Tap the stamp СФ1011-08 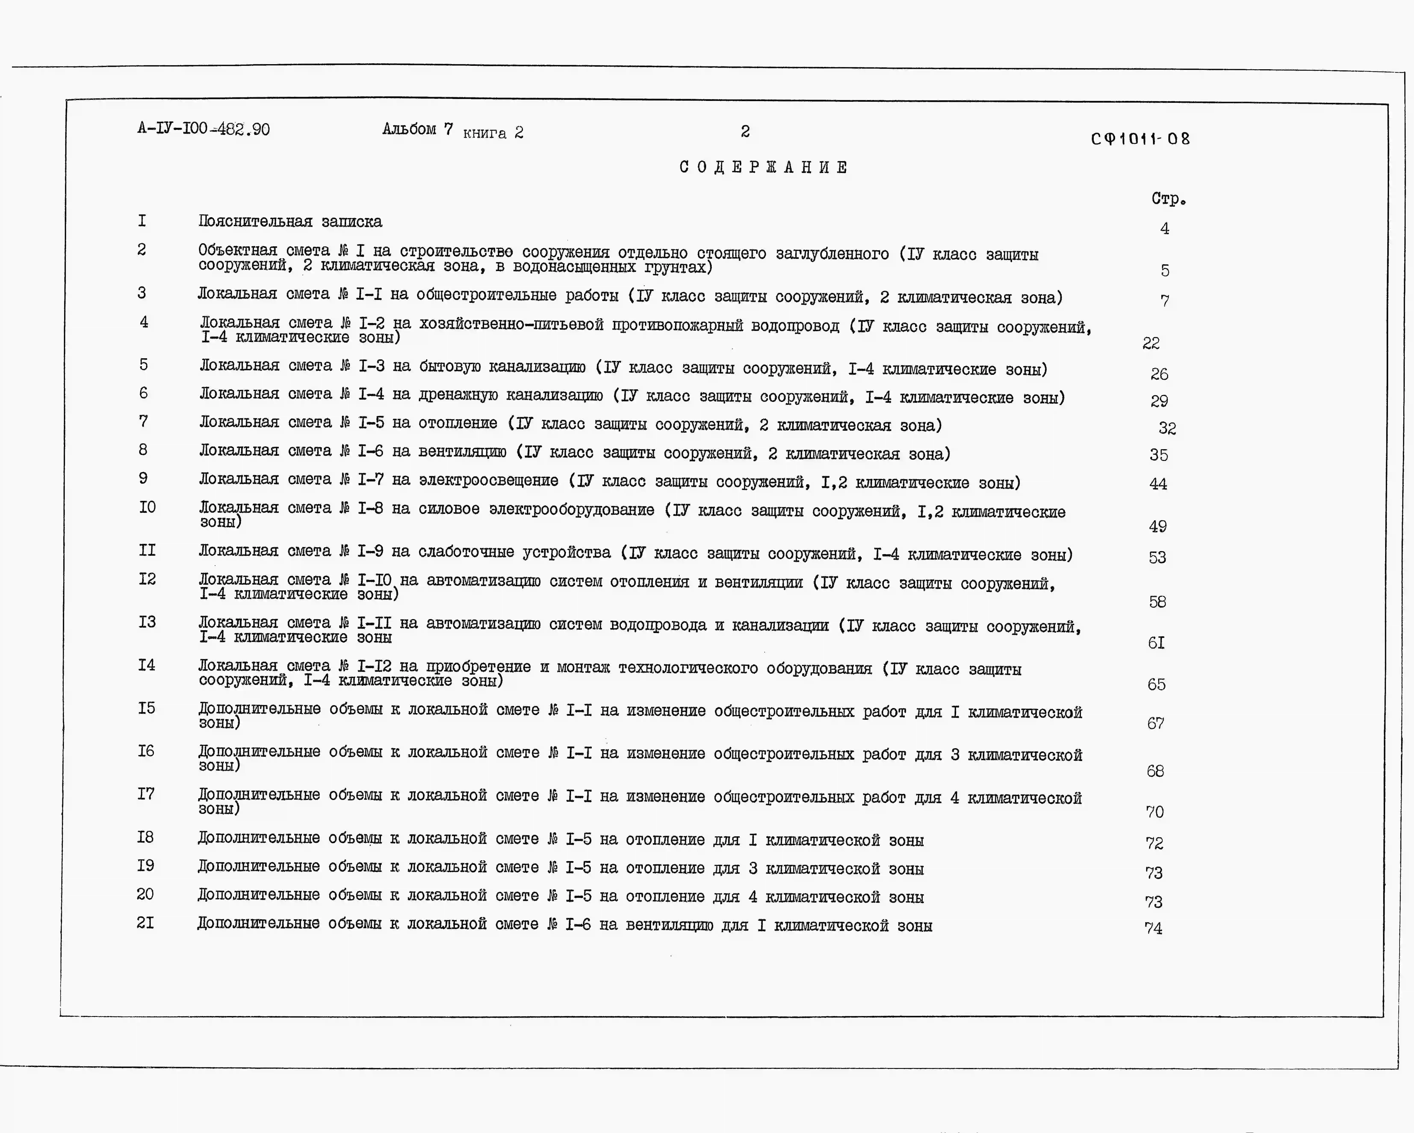(x=1140, y=139)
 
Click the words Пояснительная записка (x=290, y=222)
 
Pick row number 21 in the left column (x=145, y=923)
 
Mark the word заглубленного (x=832, y=254)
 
